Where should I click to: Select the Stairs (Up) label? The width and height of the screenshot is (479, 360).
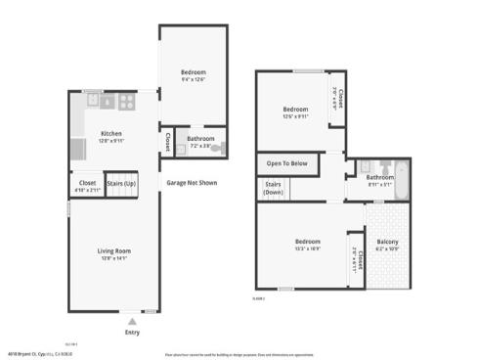pos(122,183)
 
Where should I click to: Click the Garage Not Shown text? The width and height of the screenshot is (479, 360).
pos(192,183)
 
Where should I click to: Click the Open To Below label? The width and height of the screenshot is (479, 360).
pos(287,163)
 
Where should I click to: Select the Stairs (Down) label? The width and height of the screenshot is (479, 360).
pos(274,187)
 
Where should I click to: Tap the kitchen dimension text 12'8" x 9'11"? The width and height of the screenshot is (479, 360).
pos(111,141)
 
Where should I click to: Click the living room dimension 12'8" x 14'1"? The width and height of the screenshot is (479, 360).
pos(113,258)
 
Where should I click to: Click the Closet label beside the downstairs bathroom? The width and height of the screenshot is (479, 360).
pos(168,139)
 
